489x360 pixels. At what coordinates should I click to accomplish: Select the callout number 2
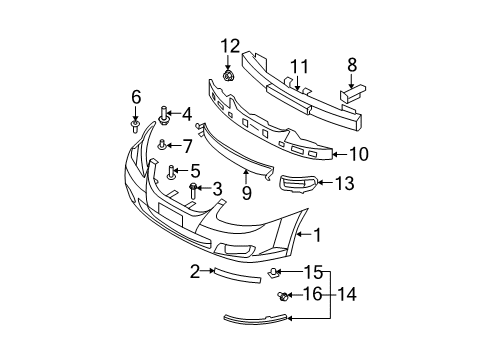[x=197, y=270]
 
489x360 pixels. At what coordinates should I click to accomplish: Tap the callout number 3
[x=217, y=188]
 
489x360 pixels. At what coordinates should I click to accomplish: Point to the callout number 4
[x=185, y=114]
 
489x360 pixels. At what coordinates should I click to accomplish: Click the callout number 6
[x=136, y=96]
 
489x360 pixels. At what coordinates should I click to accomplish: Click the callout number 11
[x=295, y=67]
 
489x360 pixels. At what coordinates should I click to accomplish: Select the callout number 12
[x=230, y=45]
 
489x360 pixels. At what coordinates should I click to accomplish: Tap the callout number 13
[x=344, y=183]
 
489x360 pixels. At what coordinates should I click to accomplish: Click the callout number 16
[x=312, y=295]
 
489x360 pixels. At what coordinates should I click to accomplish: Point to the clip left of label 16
[x=284, y=295]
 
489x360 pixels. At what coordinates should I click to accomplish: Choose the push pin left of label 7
[x=161, y=146]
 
